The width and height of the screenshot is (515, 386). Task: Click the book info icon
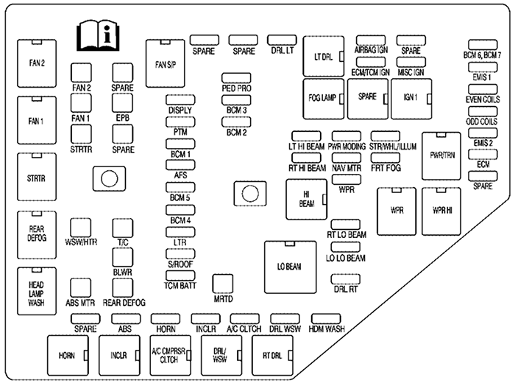[x=99, y=35]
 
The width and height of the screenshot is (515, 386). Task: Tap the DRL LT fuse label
[x=282, y=51]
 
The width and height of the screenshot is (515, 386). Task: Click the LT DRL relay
[x=324, y=55]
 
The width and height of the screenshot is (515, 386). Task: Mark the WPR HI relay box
[x=442, y=211]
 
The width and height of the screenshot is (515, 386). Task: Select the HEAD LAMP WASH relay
[x=38, y=291]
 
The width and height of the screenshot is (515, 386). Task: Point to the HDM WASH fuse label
[x=326, y=329]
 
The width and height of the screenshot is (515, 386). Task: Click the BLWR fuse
[x=121, y=256]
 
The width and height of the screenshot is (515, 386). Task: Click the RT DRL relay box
[x=272, y=356]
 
